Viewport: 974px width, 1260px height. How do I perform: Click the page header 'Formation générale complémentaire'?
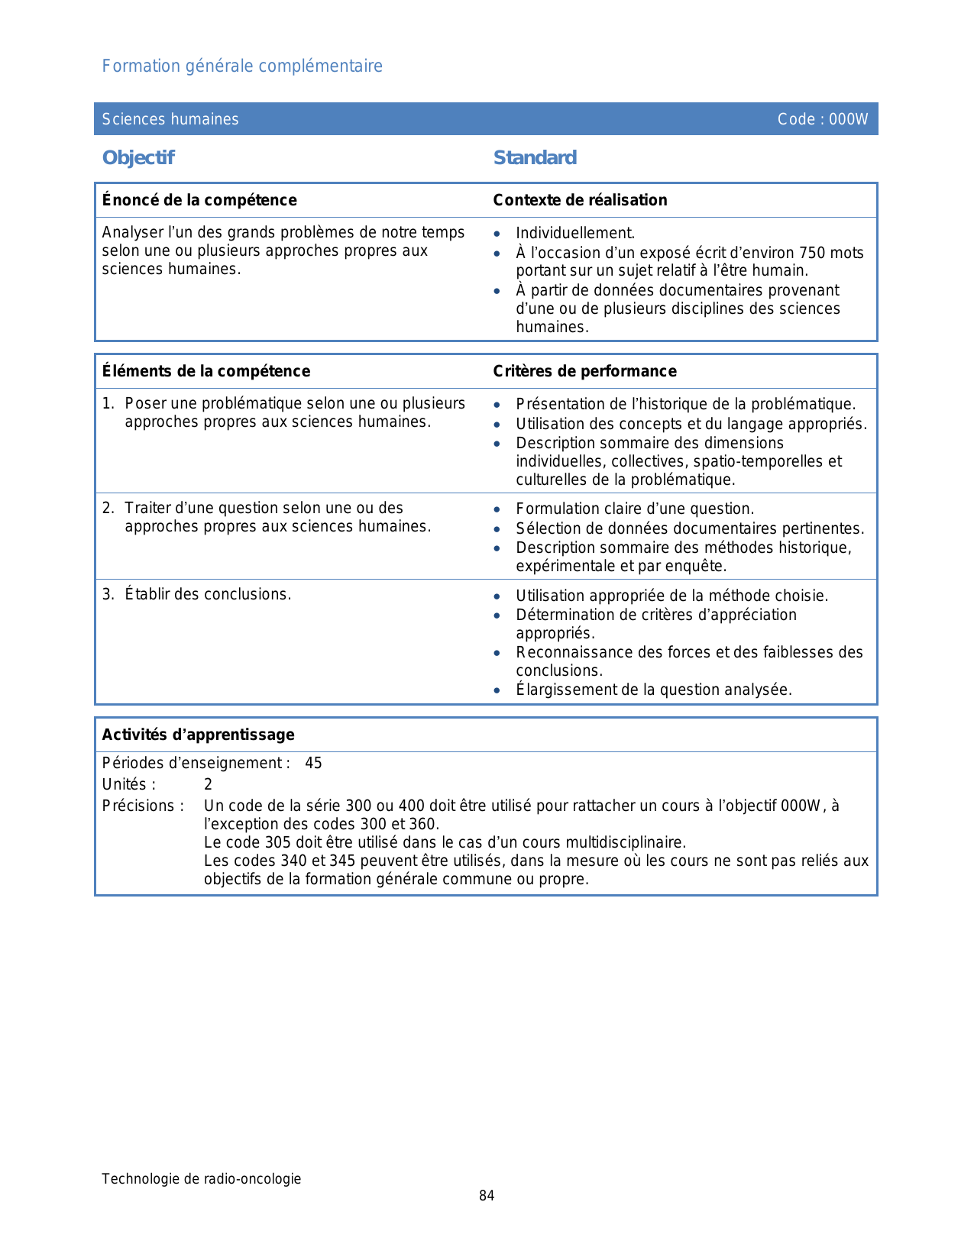242,66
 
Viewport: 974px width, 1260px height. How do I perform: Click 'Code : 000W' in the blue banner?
823,119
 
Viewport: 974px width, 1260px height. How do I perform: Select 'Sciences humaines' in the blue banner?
170,119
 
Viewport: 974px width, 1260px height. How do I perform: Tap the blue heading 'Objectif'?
138,158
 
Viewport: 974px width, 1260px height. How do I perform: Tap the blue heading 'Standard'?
535,158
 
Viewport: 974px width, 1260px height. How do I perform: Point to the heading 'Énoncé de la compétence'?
199,200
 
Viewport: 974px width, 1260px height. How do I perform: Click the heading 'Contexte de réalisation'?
580,200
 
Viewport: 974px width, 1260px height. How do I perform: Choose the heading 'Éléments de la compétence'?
206,371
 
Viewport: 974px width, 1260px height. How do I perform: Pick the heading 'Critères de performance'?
584,371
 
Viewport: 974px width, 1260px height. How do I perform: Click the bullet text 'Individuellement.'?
575,234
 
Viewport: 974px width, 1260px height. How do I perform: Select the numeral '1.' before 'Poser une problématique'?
108,403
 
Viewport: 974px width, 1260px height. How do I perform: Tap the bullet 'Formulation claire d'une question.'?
635,509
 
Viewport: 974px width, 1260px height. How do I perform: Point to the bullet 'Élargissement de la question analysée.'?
654,690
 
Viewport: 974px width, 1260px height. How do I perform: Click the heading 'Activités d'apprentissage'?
198,735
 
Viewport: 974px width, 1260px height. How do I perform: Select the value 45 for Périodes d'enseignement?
313,764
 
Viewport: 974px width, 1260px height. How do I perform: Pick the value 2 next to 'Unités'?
208,785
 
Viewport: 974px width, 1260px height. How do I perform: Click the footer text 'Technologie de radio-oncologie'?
202,1179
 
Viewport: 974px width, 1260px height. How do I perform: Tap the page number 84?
487,1196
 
